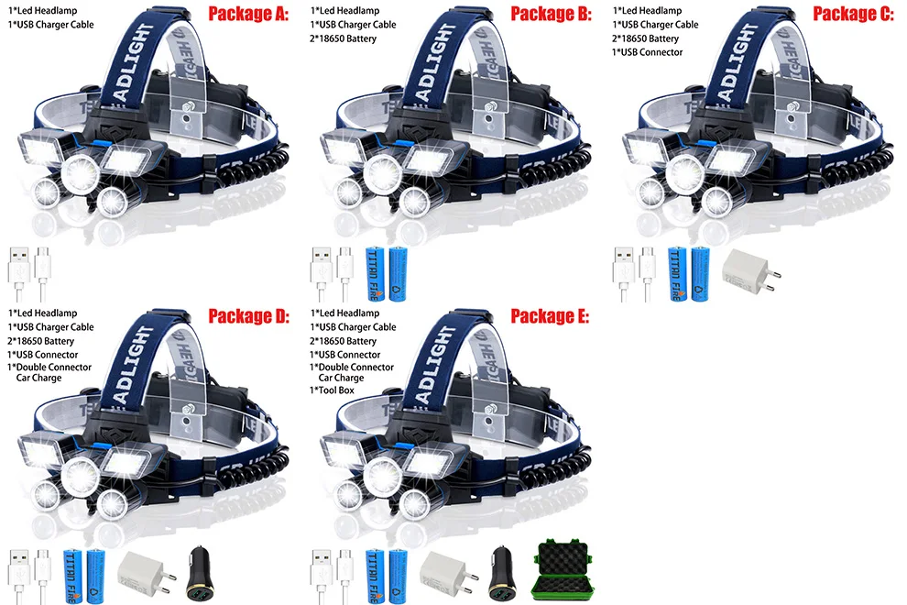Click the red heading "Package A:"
(x=248, y=14)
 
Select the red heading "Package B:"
(x=551, y=14)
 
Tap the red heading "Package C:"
(x=853, y=14)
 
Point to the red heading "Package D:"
(x=248, y=317)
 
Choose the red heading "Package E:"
(x=551, y=317)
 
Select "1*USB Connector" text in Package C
(x=647, y=52)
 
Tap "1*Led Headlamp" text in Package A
(x=42, y=11)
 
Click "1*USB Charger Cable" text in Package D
(x=51, y=327)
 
